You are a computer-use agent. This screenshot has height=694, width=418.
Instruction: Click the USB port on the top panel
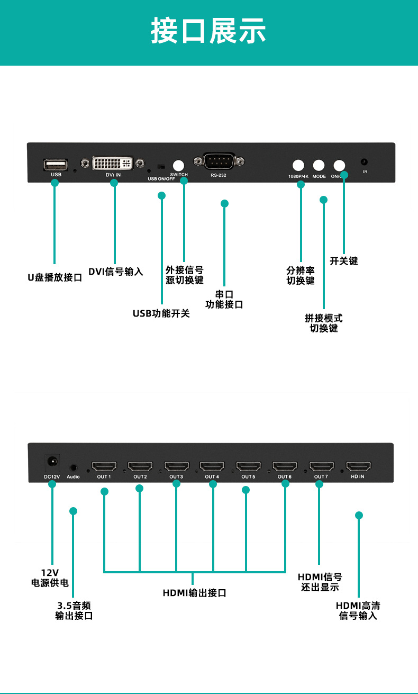56,164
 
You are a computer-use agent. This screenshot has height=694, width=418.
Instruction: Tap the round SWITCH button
179,165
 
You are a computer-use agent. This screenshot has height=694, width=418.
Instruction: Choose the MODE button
319,165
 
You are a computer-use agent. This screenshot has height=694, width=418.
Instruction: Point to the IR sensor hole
365,162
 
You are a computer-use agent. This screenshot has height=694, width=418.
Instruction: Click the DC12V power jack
52,462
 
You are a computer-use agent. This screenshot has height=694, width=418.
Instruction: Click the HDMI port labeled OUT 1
104,467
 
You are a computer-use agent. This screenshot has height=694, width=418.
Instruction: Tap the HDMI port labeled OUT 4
212,467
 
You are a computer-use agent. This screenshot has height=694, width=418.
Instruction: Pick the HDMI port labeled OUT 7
321,467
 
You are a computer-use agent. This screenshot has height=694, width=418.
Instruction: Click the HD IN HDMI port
358,467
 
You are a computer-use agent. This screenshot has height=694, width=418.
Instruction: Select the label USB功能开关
161,313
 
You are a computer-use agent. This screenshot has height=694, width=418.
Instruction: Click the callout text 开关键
344,261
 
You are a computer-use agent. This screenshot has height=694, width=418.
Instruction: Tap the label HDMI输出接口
194,593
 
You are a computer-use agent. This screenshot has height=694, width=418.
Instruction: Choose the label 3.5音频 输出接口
74,610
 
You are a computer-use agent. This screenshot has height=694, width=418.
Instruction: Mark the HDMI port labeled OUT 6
285,467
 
